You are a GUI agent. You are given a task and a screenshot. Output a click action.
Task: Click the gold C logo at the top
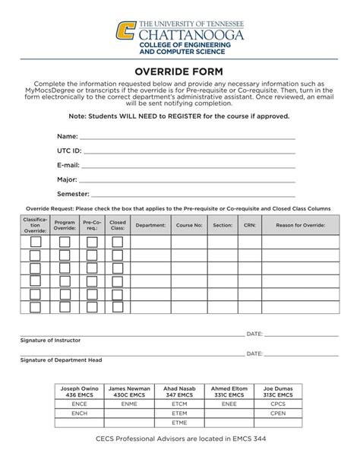126,31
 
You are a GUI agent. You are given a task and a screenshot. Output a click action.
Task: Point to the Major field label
67,179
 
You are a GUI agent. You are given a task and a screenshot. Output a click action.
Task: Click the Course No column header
189,225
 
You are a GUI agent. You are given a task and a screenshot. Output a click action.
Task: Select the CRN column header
250,225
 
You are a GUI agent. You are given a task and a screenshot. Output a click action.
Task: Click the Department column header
150,225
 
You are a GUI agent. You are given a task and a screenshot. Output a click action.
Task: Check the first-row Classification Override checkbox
36,243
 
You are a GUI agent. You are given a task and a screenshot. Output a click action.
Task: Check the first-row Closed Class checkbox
118,243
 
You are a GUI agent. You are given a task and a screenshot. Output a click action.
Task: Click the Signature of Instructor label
50,341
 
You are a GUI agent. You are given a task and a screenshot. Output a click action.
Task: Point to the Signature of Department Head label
61,360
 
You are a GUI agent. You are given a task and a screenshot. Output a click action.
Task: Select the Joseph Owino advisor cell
80,392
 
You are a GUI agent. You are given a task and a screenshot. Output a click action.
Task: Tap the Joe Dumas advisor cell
278,392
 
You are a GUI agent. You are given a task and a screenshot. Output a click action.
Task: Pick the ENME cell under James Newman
129,404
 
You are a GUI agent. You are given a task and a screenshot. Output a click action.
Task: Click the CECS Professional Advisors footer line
180,439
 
